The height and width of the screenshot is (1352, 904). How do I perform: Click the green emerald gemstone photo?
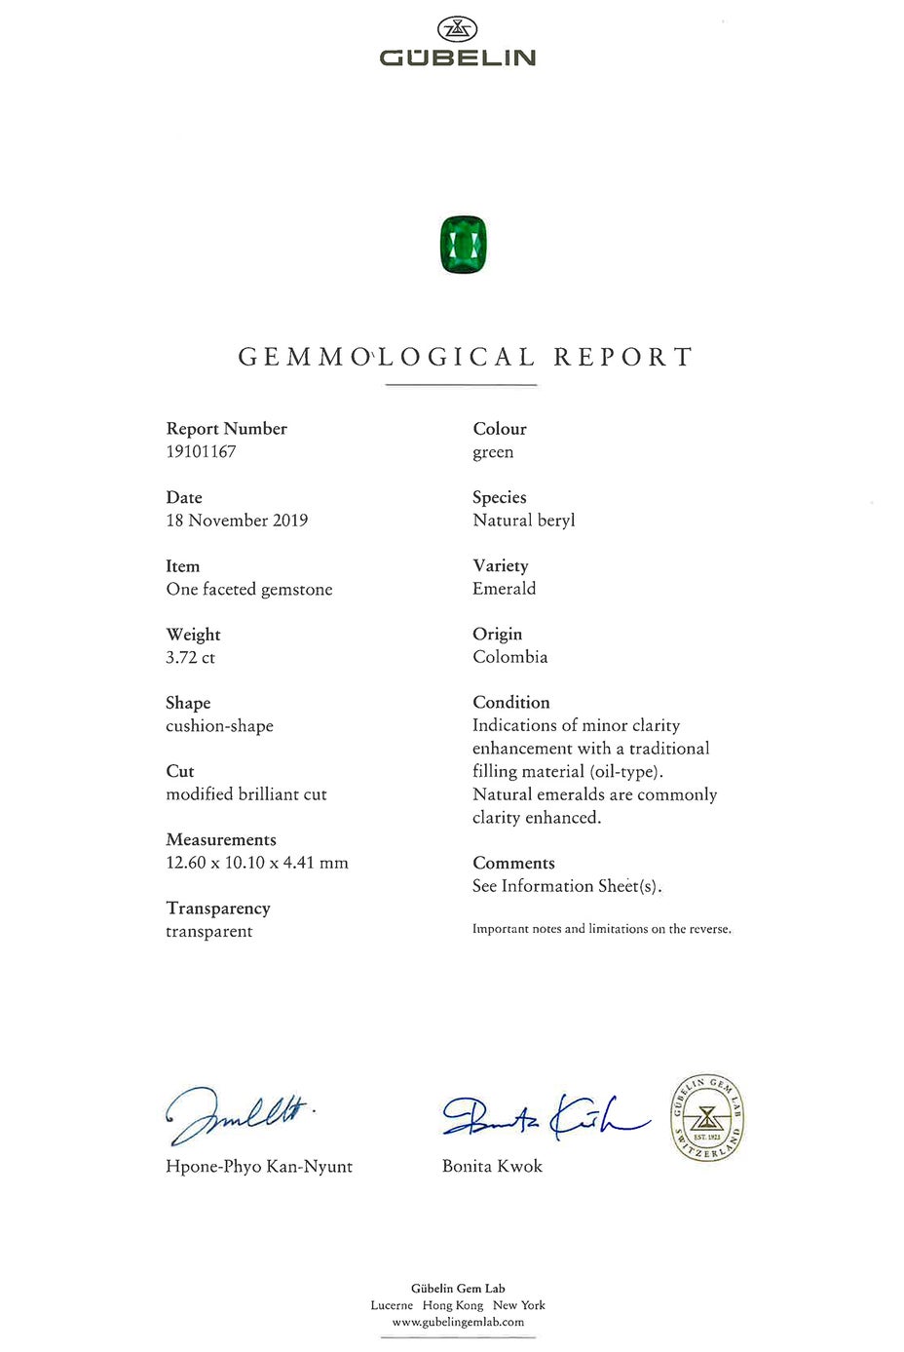click(x=463, y=245)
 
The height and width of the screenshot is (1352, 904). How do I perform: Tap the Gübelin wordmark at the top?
click(x=458, y=58)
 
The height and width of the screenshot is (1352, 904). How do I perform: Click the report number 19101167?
click(x=201, y=452)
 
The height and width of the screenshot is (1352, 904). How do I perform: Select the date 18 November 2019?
click(x=237, y=521)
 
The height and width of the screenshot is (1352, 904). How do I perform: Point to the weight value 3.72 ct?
click(x=190, y=658)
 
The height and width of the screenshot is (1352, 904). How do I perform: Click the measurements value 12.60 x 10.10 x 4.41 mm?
click(x=257, y=863)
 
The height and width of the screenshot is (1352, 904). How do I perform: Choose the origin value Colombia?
click(x=509, y=657)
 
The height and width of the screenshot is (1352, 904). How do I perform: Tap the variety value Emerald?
click(x=504, y=589)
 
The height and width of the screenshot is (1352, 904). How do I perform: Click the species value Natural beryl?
click(x=523, y=521)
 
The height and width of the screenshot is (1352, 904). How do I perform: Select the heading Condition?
click(x=510, y=703)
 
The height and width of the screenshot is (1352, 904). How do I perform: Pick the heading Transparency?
click(x=218, y=908)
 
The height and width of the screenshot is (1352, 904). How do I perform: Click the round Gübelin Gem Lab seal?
click(x=707, y=1117)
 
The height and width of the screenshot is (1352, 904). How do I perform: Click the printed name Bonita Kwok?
click(x=492, y=1167)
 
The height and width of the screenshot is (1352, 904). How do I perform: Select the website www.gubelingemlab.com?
click(x=458, y=1323)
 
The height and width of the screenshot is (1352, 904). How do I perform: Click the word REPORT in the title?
click(x=622, y=357)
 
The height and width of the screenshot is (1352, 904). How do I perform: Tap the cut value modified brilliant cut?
click(x=246, y=794)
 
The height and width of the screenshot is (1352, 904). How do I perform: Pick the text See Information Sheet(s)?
click(x=567, y=886)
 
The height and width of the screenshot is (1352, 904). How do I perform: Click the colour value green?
click(x=493, y=452)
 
